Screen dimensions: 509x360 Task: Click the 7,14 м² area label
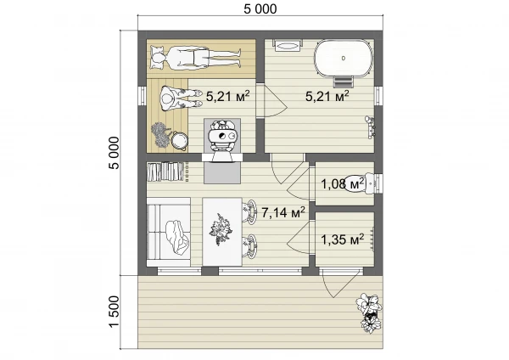(x=283, y=212)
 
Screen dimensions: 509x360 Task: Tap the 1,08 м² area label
(x=343, y=184)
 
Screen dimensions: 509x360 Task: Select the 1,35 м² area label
(x=343, y=239)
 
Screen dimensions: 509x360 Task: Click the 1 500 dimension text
(x=114, y=312)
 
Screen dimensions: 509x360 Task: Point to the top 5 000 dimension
(x=260, y=8)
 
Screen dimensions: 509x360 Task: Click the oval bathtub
(x=343, y=59)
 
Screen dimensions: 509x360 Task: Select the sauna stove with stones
(x=222, y=136)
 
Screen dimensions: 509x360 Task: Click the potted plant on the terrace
(x=369, y=312)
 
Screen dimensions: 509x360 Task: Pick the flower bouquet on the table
(x=221, y=229)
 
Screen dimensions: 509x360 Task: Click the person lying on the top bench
(x=196, y=58)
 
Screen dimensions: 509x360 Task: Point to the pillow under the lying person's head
(x=157, y=58)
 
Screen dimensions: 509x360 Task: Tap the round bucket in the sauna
(x=180, y=141)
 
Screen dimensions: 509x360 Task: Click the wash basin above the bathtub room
(x=288, y=45)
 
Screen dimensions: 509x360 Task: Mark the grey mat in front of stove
(x=222, y=173)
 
